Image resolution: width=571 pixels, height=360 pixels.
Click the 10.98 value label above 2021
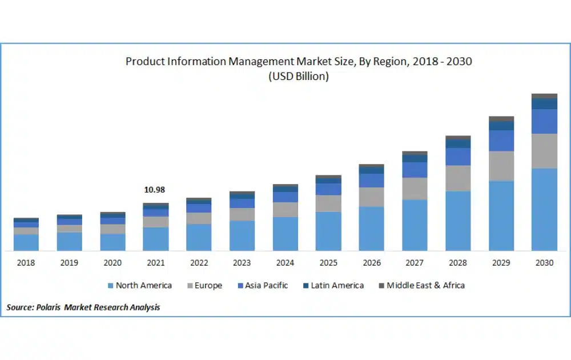tap(155, 190)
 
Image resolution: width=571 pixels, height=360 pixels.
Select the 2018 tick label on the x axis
tap(26, 263)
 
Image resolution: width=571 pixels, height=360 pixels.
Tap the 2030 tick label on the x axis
tap(544, 263)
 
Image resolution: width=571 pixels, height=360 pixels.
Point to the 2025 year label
tap(328, 263)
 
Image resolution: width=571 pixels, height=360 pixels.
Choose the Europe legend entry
tap(208, 285)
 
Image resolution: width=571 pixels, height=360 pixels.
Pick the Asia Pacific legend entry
tap(266, 285)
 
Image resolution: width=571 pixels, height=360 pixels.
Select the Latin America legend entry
tap(337, 285)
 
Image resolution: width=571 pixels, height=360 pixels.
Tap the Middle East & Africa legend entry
tap(425, 285)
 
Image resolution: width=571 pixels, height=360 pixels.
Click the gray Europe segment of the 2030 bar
tap(544, 151)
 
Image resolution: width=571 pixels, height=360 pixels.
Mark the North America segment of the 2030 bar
tap(544, 209)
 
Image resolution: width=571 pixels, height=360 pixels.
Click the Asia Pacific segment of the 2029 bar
tap(501, 141)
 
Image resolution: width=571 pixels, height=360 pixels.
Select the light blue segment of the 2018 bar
tap(26, 242)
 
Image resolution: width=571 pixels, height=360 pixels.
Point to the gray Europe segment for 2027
tap(415, 189)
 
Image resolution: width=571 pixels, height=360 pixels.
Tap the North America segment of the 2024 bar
tap(285, 234)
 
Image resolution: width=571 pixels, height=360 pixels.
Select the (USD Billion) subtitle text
tap(299, 77)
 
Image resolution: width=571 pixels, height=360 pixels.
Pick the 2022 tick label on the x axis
tap(199, 263)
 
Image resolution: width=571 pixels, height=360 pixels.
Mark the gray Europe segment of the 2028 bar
tap(458, 178)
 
